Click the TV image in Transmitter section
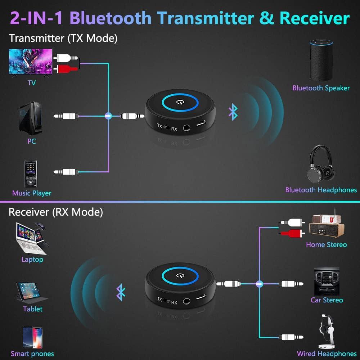[x=31, y=62]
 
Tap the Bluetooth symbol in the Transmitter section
[x=233, y=112]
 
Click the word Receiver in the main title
[x=314, y=18]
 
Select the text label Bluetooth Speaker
[x=321, y=88]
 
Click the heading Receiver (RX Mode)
[x=56, y=212]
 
